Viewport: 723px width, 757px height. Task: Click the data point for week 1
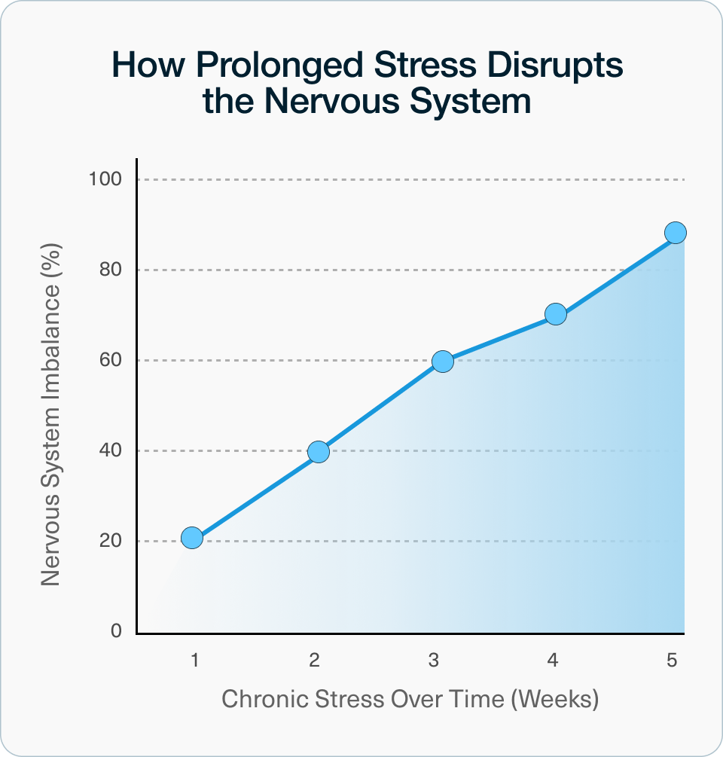tap(192, 538)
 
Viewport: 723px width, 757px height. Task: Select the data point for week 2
tap(319, 452)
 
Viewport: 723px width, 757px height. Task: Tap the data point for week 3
tap(443, 362)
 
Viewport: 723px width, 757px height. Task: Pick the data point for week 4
tap(555, 314)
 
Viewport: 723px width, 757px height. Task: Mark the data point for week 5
tap(676, 233)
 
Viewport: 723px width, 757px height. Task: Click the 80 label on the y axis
tap(111, 270)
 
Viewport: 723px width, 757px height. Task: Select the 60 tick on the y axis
tap(111, 360)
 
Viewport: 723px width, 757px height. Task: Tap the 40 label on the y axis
tap(111, 450)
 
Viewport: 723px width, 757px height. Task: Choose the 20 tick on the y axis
tap(111, 541)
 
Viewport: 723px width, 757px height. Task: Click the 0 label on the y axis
tap(117, 631)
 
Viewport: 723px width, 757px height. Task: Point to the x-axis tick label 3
tap(434, 661)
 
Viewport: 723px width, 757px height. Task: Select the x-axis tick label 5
tap(672, 661)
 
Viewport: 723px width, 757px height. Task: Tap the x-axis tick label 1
tap(194, 661)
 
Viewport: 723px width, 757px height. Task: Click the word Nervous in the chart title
tap(329, 101)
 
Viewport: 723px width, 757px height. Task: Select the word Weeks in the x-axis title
tap(554, 699)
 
